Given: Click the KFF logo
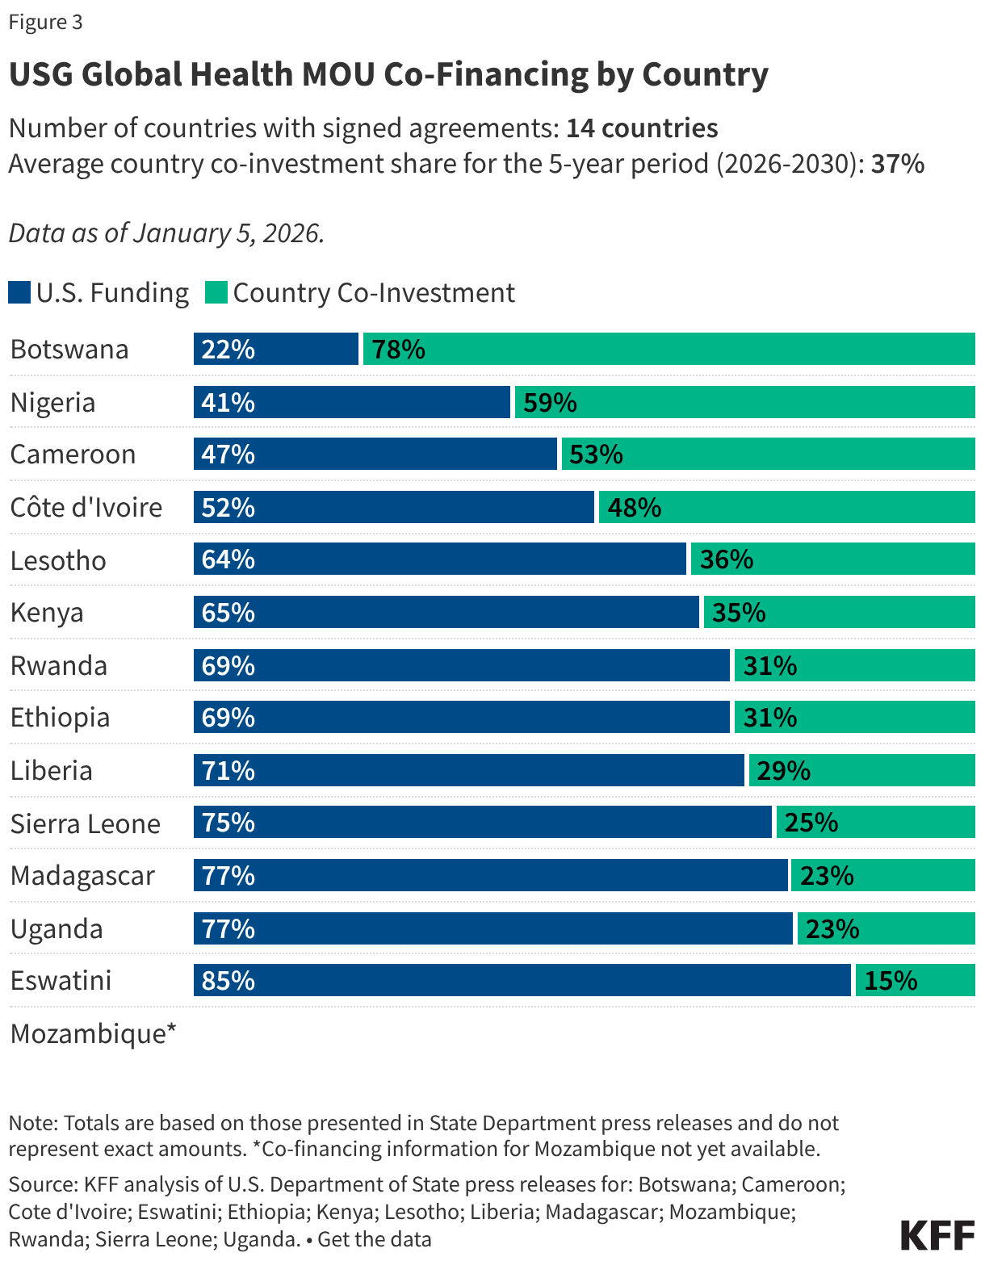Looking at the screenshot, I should pyautogui.click(x=937, y=1235).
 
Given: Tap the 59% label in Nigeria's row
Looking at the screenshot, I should pyautogui.click(x=550, y=402).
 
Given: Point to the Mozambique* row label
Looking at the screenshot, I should pyautogui.click(x=93, y=1033).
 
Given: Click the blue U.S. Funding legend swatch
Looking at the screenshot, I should pyautogui.click(x=19, y=292).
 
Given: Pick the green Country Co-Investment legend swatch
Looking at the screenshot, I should pyautogui.click(x=216, y=292).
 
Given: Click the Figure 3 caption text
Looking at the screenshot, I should pyautogui.click(x=45, y=22).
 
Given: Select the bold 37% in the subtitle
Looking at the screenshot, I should pyautogui.click(x=897, y=164).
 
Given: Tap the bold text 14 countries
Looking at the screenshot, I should pyautogui.click(x=642, y=128).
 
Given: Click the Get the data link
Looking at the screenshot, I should pyautogui.click(x=375, y=1239).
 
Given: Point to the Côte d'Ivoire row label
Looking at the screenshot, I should pyautogui.click(x=86, y=507).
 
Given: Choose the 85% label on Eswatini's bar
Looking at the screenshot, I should pyautogui.click(x=228, y=980).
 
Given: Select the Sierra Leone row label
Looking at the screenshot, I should pyautogui.click(x=86, y=823).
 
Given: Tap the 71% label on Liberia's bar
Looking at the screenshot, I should pyautogui.click(x=228, y=770).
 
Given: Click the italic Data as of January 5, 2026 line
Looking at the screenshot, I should pyautogui.click(x=166, y=233).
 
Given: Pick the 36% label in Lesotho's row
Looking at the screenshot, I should pyautogui.click(x=726, y=559).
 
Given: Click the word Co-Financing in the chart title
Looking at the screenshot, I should pyautogui.click(x=485, y=74).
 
